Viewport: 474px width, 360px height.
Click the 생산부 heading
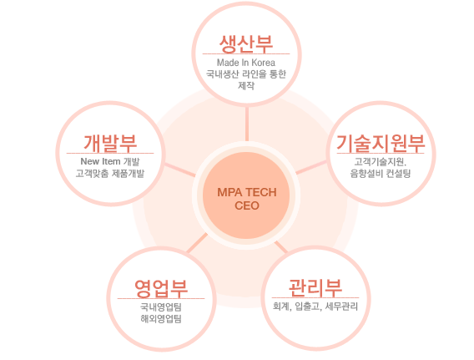tap(246, 43)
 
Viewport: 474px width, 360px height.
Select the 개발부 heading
tap(110, 143)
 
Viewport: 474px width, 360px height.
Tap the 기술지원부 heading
tap(381, 143)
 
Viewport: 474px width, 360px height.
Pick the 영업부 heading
tap(161, 288)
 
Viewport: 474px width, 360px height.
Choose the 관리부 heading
tap(315, 287)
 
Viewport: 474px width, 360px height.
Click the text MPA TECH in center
tap(247, 192)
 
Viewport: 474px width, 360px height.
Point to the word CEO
tap(247, 205)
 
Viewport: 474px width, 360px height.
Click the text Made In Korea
tap(246, 63)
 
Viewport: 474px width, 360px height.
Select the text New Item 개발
tap(110, 161)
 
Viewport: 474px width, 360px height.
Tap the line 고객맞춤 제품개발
tap(110, 174)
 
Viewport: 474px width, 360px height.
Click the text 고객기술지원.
tap(381, 162)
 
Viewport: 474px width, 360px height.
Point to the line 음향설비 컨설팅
tap(381, 174)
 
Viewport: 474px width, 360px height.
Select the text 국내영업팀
tap(161, 307)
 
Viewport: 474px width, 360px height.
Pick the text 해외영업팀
tap(161, 318)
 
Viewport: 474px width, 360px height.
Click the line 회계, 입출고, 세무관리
tap(315, 307)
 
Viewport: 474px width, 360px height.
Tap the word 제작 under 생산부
tap(246, 85)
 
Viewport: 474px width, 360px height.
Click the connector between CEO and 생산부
tap(247, 124)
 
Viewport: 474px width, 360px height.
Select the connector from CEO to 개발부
tap(180, 170)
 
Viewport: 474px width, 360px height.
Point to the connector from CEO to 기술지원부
tap(311, 167)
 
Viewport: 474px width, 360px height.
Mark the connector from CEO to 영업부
tap(198, 242)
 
